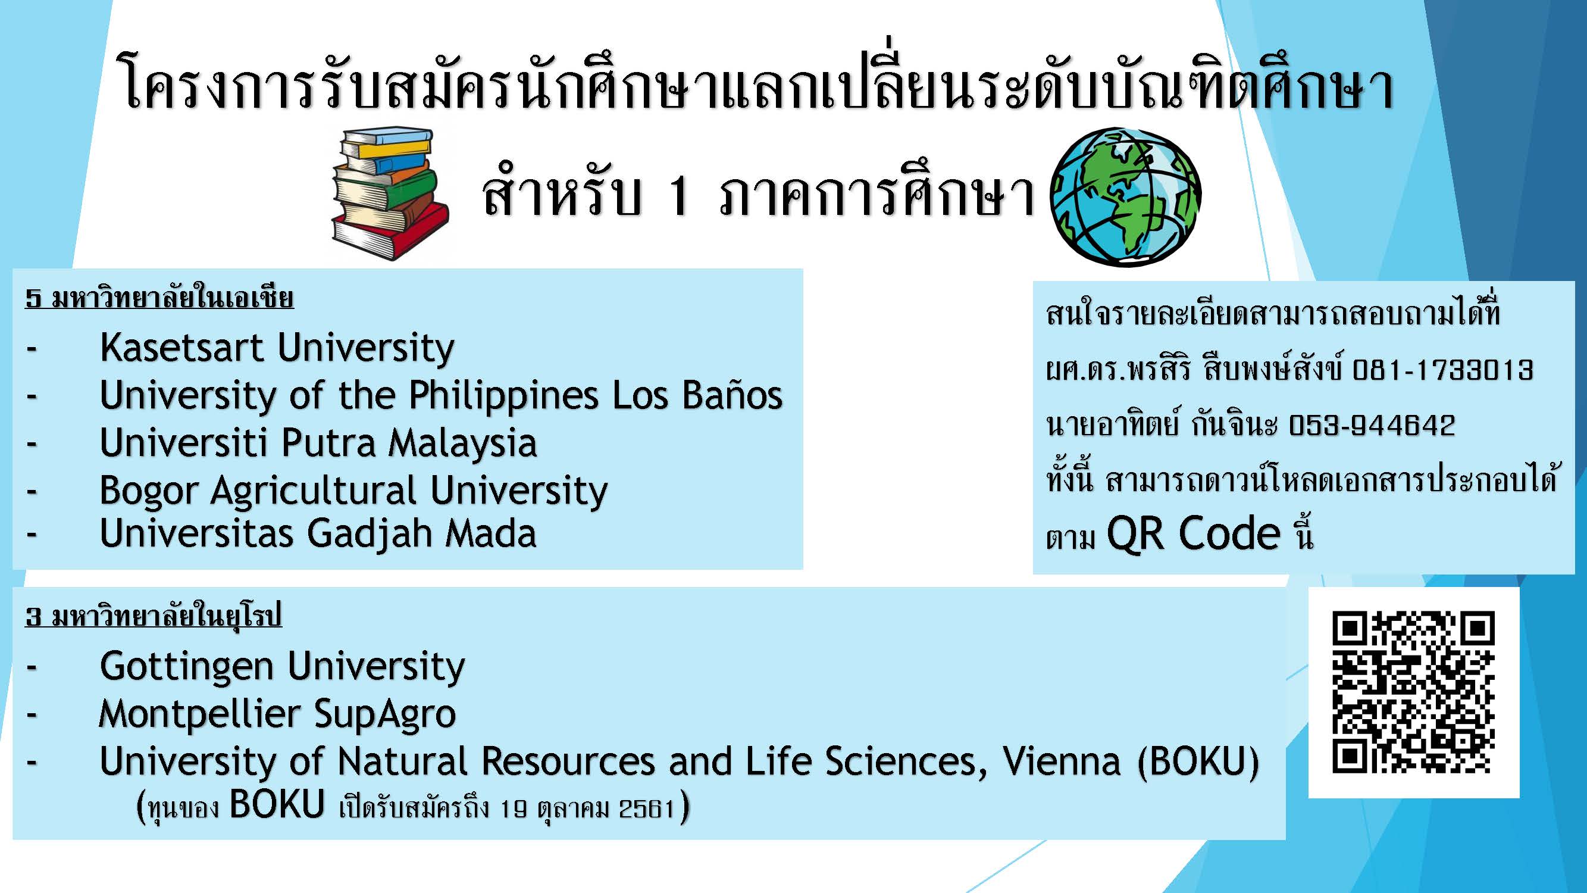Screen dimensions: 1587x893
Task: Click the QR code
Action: pos(1413,692)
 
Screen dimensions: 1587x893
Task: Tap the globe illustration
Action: pos(1126,196)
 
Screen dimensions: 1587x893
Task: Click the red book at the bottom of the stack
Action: pos(390,231)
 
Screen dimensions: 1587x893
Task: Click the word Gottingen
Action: pos(186,667)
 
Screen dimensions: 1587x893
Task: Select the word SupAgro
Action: pos(384,714)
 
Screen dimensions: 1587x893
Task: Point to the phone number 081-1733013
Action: pos(1442,370)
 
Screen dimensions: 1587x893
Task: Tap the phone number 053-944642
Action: pos(1372,425)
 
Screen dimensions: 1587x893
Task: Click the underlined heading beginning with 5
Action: pos(159,298)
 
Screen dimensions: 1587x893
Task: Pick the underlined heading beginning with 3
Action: pos(154,615)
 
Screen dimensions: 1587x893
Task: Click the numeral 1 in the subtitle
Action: pos(678,196)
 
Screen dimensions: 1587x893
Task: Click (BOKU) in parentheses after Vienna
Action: pos(1198,763)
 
